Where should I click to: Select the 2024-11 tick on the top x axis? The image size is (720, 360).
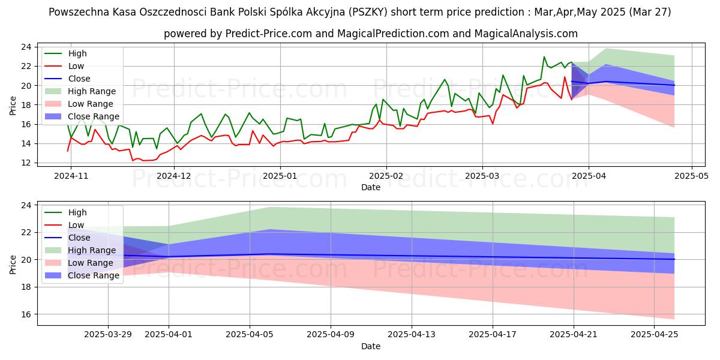coord(70,176)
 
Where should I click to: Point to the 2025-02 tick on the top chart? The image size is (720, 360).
coord(386,176)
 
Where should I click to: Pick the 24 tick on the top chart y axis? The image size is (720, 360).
coord(26,47)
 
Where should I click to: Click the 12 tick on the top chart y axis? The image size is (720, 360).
coord(26,163)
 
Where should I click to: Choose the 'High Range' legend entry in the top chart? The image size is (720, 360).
coord(92,91)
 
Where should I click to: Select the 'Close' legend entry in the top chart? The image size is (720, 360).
coord(79,79)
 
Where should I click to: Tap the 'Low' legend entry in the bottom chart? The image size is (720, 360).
coord(76,225)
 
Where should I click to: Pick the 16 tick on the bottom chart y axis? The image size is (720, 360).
coord(26,314)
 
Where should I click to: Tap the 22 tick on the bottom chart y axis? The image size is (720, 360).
coord(26,233)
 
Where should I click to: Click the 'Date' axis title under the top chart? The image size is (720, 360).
coord(370,187)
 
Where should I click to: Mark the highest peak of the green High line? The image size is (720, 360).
coord(544,57)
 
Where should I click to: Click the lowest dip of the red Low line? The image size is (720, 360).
coord(133,161)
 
